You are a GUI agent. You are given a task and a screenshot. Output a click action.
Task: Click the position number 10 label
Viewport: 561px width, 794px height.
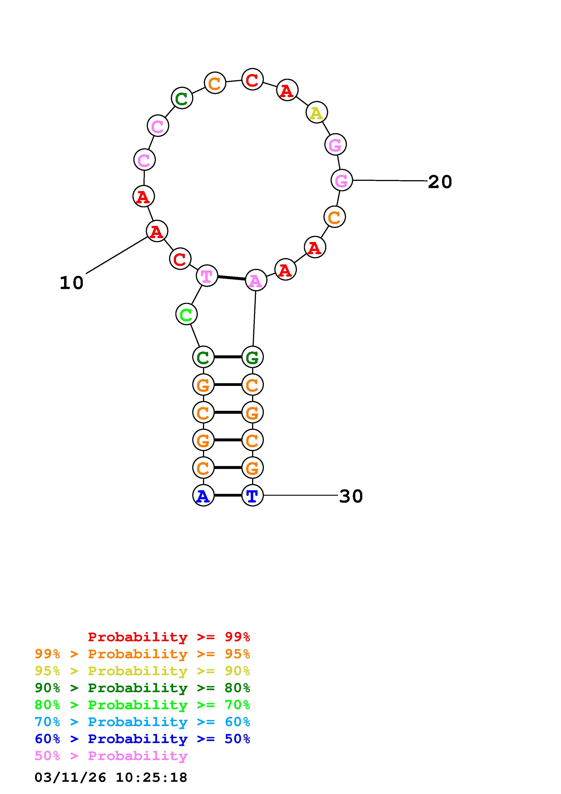(x=72, y=283)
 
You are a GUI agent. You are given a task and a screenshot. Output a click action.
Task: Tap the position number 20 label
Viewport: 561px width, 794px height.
(x=440, y=182)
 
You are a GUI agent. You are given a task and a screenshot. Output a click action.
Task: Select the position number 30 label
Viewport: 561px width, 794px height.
(x=351, y=496)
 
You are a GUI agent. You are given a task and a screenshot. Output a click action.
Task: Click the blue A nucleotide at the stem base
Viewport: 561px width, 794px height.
(x=203, y=495)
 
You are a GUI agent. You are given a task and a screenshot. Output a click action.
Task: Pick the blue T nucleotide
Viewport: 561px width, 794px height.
(x=252, y=495)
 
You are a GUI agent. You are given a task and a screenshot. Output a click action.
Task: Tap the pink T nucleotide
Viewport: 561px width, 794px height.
(x=207, y=276)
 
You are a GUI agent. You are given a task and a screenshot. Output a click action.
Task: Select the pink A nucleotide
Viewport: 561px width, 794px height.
(x=256, y=280)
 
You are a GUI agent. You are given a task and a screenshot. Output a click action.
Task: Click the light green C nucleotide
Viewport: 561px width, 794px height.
(x=186, y=314)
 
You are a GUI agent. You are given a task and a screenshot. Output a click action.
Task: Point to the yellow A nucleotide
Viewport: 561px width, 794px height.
(x=317, y=112)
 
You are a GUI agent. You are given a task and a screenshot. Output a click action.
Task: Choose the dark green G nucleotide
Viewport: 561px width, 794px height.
(x=252, y=357)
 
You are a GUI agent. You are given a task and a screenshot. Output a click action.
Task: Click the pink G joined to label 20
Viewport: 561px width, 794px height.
(x=341, y=180)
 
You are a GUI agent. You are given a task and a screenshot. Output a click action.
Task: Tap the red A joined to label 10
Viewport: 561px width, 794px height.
(x=157, y=231)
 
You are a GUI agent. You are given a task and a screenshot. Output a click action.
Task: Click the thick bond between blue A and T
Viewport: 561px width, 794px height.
(x=228, y=495)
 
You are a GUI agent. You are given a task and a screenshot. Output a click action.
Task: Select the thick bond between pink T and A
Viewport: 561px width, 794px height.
(x=231, y=278)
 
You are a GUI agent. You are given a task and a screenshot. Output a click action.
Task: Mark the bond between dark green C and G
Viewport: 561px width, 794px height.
(x=228, y=357)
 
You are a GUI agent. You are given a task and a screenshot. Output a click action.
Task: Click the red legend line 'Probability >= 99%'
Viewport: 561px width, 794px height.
(x=169, y=637)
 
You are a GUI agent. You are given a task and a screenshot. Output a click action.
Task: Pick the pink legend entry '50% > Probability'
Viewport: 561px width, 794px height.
(x=111, y=756)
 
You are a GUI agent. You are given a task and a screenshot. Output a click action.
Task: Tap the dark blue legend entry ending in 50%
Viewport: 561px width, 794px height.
(x=142, y=739)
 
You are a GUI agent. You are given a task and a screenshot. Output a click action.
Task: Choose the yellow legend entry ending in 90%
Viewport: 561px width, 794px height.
(x=142, y=671)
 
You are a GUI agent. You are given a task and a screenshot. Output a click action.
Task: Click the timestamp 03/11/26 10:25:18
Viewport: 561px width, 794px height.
(x=111, y=777)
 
